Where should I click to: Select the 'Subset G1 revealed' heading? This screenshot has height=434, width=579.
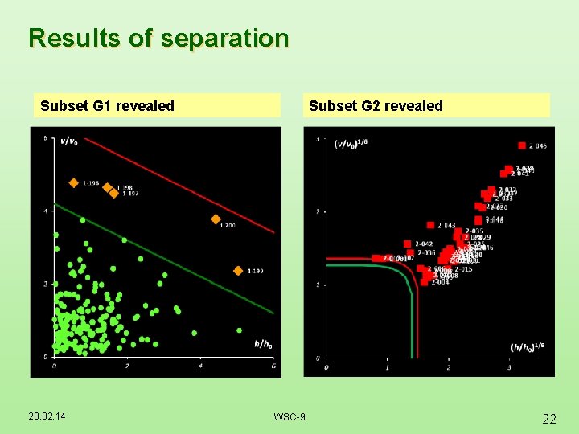pyautogui.click(x=107, y=106)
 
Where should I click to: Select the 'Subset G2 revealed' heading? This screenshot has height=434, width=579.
pyautogui.click(x=376, y=106)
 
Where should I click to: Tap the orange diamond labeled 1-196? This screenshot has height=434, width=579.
pyautogui.click(x=73, y=183)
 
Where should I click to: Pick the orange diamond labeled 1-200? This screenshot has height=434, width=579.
pyautogui.click(x=216, y=219)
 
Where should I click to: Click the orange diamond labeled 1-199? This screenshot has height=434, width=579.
pyautogui.click(x=238, y=271)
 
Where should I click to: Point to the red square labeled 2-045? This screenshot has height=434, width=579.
pyautogui.click(x=522, y=145)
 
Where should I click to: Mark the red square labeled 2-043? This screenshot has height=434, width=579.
pyautogui.click(x=430, y=225)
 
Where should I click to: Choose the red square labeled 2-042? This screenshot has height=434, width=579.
pyautogui.click(x=408, y=244)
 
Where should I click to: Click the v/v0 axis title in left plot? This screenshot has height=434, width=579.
pyautogui.click(x=69, y=143)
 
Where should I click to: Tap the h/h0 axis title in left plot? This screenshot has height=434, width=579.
pyautogui.click(x=263, y=344)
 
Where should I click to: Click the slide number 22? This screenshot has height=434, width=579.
pyautogui.click(x=549, y=419)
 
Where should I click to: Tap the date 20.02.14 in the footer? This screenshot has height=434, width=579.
pyautogui.click(x=46, y=416)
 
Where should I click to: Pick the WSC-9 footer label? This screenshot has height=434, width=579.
pyautogui.click(x=289, y=416)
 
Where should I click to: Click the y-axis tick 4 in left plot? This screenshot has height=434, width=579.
pyautogui.click(x=46, y=211)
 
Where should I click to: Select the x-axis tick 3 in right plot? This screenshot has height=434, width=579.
pyautogui.click(x=509, y=366)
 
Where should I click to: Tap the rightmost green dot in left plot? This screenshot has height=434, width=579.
pyautogui.click(x=239, y=330)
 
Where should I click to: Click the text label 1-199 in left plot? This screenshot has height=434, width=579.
pyautogui.click(x=255, y=271)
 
